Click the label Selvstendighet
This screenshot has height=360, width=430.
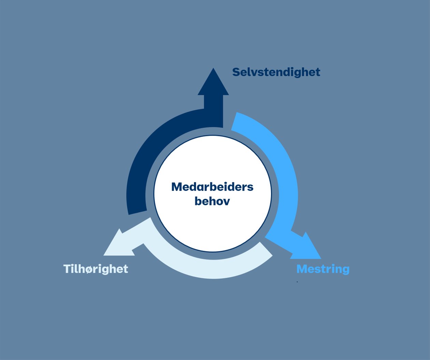(276, 72)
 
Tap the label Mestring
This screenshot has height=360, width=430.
(323, 269)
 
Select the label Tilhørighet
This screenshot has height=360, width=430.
(96, 269)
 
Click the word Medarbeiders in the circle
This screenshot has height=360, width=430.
(212, 187)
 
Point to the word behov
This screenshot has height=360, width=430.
(212, 201)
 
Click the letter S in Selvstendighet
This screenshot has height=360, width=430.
(236, 72)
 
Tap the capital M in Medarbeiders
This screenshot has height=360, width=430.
(176, 187)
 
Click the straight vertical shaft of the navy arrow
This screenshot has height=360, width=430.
(213, 109)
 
